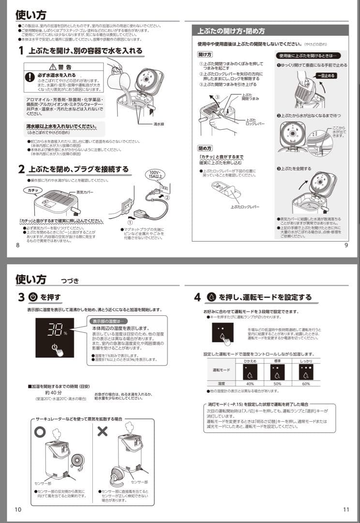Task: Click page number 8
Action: click(18, 245)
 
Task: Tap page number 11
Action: click(345, 509)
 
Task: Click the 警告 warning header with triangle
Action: click(63, 67)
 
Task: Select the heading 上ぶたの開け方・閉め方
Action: click(231, 31)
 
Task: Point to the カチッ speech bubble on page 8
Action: click(33, 190)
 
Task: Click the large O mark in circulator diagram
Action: click(40, 431)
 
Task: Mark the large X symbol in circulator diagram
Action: click(103, 431)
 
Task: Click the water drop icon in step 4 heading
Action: click(211, 297)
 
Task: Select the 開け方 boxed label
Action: click(205, 54)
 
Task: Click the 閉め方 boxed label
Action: click(205, 148)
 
